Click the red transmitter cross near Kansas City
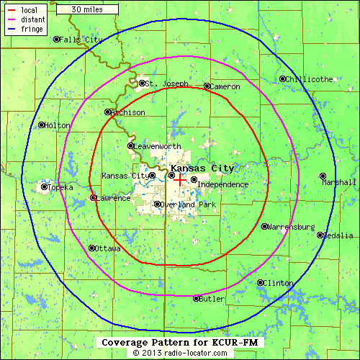(179, 181)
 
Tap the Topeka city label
(60, 187)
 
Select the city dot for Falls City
(57, 40)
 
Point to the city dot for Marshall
(323, 175)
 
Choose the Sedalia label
(338, 235)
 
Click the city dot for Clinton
(260, 282)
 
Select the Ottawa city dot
(91, 248)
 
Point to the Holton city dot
(41, 125)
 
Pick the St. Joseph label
(168, 84)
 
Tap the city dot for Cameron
(207, 86)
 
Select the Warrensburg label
(292, 227)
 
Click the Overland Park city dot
(158, 204)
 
